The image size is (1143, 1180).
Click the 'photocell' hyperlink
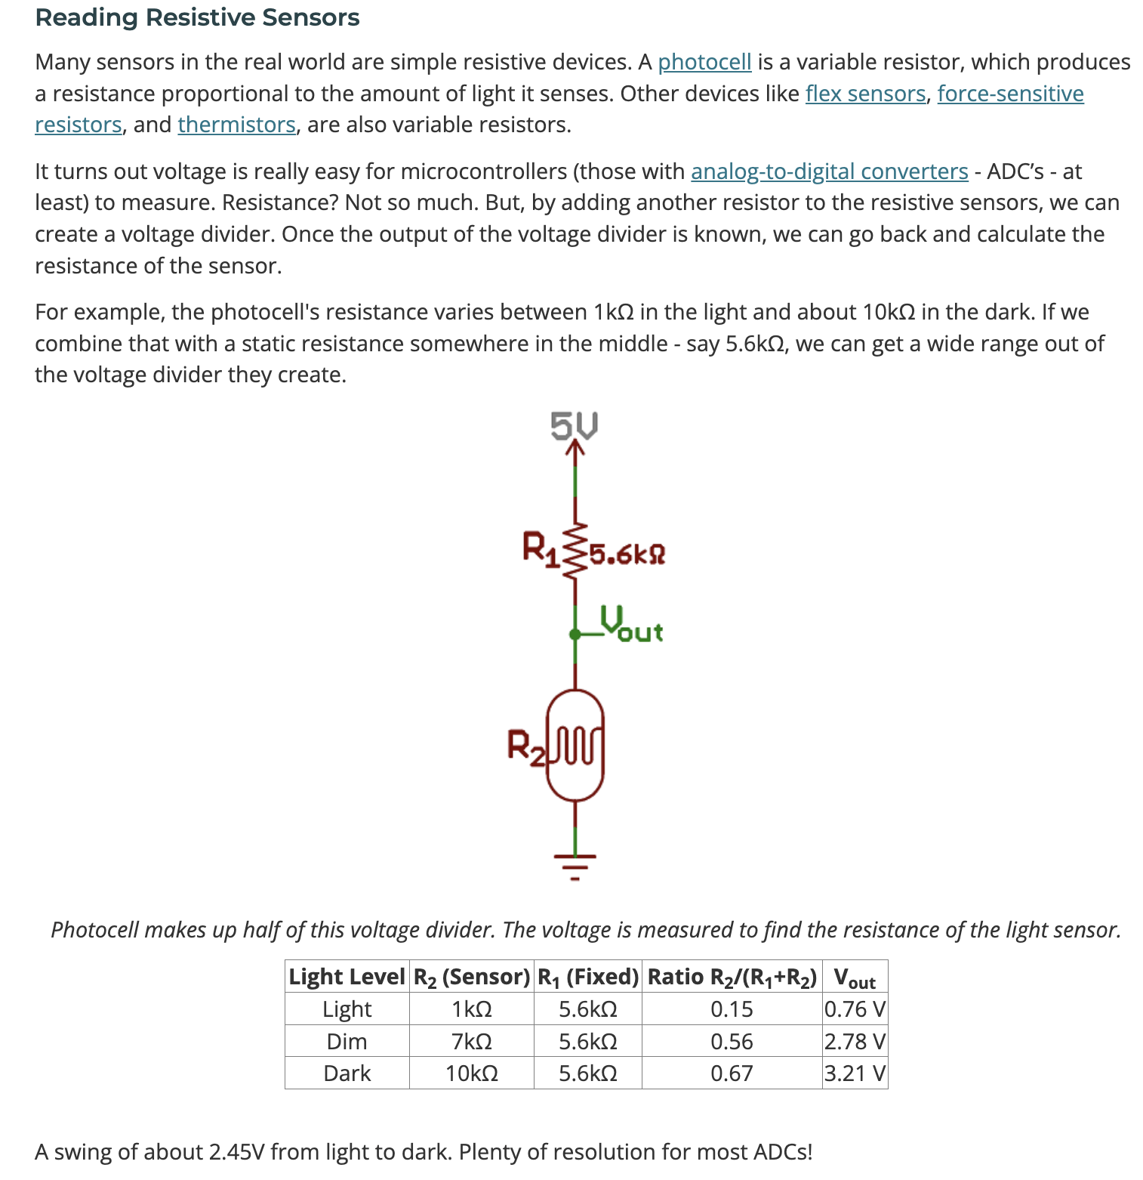pos(704,62)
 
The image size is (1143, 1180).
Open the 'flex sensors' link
pos(865,94)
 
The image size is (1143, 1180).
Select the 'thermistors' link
pos(236,125)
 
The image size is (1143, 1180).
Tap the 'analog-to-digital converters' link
pos(829,171)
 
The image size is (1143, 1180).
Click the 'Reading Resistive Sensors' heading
pos(197,17)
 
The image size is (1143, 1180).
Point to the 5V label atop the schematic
pos(575,425)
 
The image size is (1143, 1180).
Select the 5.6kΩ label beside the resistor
pos(627,555)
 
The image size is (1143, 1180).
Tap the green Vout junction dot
pos(575,635)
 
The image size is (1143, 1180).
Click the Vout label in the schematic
pos(632,624)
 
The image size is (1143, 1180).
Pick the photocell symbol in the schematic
pos(575,745)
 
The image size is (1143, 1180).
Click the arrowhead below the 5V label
pos(575,449)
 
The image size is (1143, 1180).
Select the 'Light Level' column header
pos(347,977)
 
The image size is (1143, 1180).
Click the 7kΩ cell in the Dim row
pos(471,1042)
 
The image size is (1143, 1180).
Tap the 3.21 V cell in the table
pos(855,1073)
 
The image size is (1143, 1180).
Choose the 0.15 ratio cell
pos(732,1009)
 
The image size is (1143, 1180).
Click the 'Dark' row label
pos(347,1073)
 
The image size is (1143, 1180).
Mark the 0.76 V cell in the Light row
pos(855,1009)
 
